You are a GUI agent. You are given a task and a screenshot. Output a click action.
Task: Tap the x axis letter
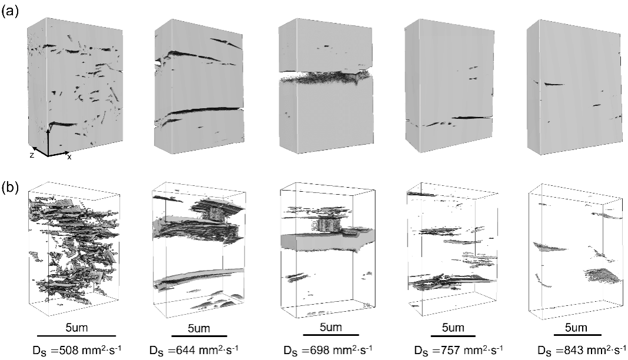pos(69,157)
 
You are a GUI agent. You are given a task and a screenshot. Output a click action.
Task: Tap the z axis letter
pos(32,155)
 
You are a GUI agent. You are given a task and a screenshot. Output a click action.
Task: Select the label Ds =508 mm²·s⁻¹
pos(77,350)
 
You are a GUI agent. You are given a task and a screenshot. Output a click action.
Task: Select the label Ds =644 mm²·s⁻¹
pos(194,350)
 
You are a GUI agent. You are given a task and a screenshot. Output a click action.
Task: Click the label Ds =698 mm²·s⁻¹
pos(328,350)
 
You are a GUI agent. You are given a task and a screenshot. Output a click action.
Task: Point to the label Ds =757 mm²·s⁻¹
pos(458,350)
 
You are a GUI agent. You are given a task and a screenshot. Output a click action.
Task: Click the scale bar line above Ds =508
pos(76,335)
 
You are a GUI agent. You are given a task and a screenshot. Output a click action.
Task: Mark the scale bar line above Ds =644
pos(199,335)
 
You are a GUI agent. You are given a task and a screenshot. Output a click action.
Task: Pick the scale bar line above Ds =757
pos(453,335)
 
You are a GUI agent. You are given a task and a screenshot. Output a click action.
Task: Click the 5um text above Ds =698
pos(331,327)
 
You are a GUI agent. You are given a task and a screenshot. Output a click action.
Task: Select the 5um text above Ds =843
pos(576,328)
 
